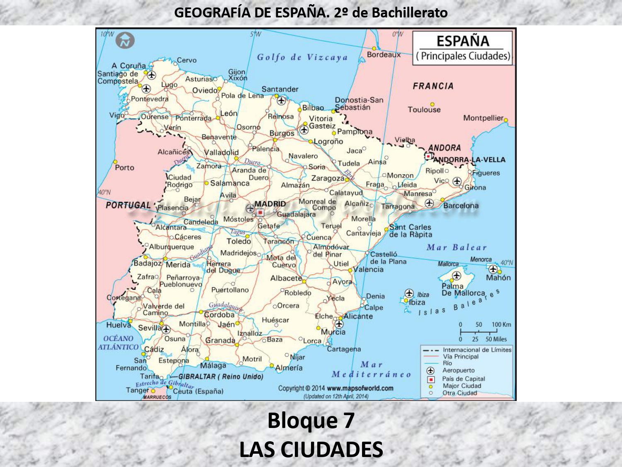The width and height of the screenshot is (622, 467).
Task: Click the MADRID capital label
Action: point(270,204)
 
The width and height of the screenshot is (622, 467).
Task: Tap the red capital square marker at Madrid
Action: point(260,213)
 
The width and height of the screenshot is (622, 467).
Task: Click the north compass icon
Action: point(125,41)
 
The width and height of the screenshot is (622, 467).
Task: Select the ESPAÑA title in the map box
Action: point(463,41)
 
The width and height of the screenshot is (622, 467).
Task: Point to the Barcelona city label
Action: point(461,205)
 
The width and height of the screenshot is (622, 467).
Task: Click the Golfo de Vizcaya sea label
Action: point(302,57)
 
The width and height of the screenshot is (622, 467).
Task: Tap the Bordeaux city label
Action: point(384,54)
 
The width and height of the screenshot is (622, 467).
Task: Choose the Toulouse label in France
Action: point(424,110)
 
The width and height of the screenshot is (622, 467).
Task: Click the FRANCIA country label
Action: point(433,86)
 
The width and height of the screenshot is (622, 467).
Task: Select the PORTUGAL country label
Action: point(128,205)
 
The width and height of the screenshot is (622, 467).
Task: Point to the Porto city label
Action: point(124,168)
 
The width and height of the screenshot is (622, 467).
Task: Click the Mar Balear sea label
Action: point(457,247)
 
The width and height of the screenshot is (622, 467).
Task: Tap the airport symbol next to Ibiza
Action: point(409,293)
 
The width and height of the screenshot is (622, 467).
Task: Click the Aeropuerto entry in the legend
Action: point(458,370)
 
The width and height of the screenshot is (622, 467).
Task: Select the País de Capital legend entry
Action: point(463,379)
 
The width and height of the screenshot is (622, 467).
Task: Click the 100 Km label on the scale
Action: point(501,325)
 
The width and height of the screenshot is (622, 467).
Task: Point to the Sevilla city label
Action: point(149,328)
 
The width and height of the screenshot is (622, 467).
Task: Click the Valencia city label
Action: point(368,269)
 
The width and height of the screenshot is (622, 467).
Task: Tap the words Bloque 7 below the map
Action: point(311,420)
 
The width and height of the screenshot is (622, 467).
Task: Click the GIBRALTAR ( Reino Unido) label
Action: point(221,377)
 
